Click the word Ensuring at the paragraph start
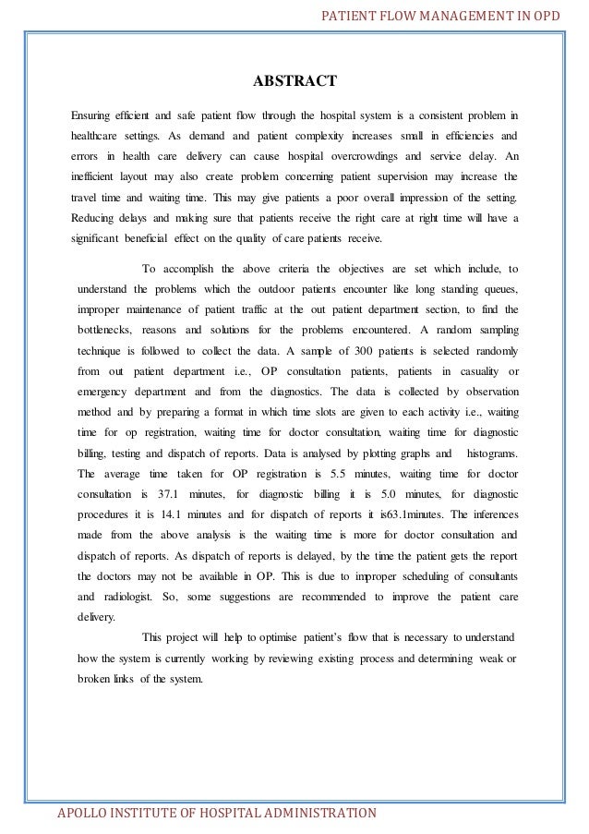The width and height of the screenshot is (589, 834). [x=92, y=115]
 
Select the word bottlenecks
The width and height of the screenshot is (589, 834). [x=104, y=330]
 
